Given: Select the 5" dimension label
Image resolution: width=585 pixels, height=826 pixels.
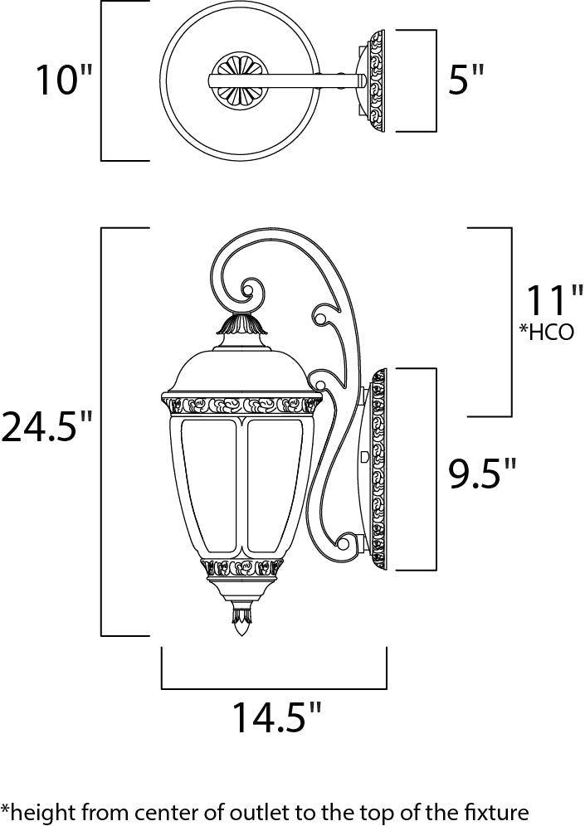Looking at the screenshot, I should coord(465,80).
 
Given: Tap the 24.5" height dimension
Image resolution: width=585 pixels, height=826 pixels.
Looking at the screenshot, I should coord(46,429).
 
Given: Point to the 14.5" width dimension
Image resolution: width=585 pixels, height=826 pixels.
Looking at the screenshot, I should coord(275,718).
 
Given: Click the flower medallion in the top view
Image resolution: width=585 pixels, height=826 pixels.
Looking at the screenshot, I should coord(239,80).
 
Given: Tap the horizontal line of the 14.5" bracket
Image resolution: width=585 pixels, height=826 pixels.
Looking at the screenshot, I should coord(274,688).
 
